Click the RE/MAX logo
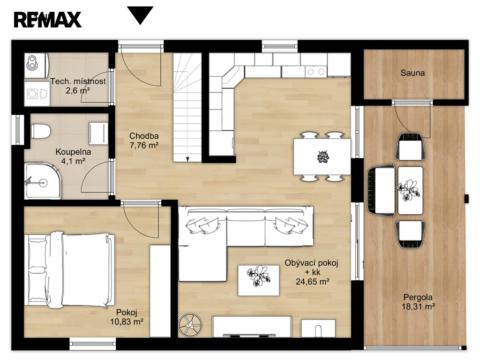click(47, 20)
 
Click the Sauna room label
click(412, 73)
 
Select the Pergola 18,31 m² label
click(418, 302)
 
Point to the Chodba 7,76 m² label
click(144, 141)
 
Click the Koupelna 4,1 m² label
click(73, 157)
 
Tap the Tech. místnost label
click(78, 82)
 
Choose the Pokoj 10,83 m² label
click(127, 317)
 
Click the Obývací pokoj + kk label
click(312, 267)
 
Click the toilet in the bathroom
click(41, 131)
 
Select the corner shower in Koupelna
click(43, 181)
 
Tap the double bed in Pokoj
click(69, 270)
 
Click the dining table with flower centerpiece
click(322, 157)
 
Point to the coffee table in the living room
click(259, 280)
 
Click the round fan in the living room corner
click(190, 325)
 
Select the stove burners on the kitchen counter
click(316, 72)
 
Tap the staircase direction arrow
click(187, 158)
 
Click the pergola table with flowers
click(410, 190)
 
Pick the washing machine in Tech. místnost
click(37, 93)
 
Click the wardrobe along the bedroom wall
click(160, 291)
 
